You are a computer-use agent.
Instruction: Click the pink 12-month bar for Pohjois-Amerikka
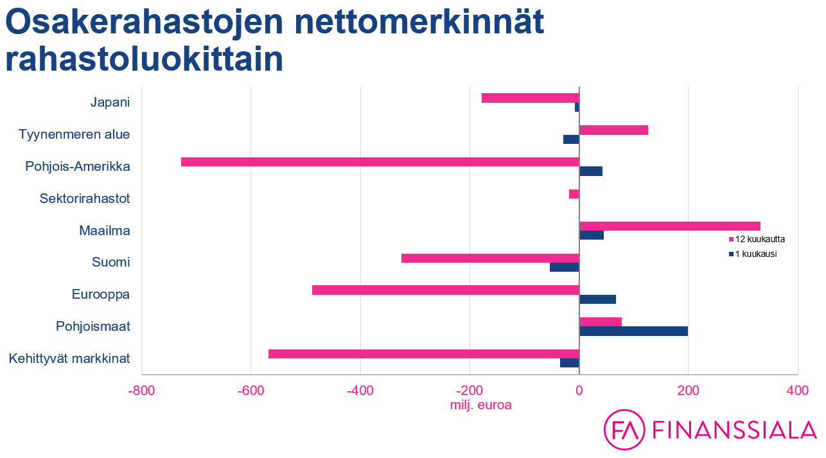pos(380,162)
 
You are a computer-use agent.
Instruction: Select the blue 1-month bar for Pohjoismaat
pos(633,331)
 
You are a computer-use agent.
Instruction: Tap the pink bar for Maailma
pos(669,226)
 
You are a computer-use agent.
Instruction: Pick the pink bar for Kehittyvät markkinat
pos(423,354)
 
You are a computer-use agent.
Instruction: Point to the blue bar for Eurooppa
pos(597,299)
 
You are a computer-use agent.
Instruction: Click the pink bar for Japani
pos(530,98)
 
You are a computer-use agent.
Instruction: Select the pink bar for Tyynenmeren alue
pos(613,130)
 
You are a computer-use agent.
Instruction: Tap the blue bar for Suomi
pos(564,267)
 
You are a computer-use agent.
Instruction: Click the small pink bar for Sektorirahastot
pos(574,194)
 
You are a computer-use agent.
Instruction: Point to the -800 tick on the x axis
pos(141,391)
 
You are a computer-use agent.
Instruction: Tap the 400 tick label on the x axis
pos(798,391)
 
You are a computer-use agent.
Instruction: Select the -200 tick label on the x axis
pos(470,391)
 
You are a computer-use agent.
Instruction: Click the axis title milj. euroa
pos(481,405)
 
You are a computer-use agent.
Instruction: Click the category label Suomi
pos(111,262)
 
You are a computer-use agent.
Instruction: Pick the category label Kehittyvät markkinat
pos(69,358)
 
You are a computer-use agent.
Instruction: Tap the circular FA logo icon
pos(624,429)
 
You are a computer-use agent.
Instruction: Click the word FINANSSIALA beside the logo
pos(734,430)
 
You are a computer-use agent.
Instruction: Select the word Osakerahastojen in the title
pos(145,23)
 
